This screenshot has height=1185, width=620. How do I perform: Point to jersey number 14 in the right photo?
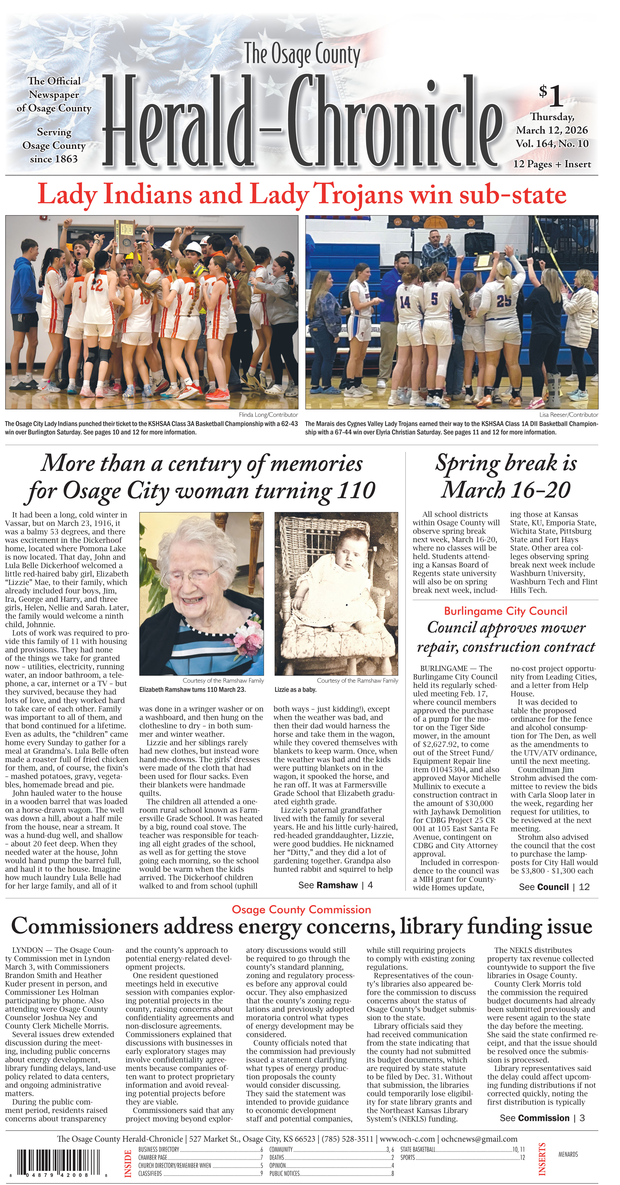[405, 302]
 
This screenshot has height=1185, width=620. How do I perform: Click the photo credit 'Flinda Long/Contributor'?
[268, 415]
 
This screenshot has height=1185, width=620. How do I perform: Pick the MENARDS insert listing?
[568, 1155]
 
